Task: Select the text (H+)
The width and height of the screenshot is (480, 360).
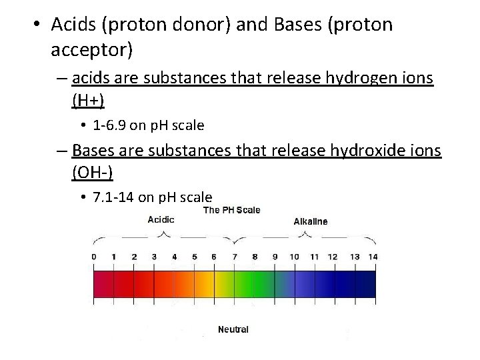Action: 88,101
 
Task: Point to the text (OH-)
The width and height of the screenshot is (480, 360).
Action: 92,173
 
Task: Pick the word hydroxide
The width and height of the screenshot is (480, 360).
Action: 364,151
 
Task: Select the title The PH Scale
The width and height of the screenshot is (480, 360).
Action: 231,210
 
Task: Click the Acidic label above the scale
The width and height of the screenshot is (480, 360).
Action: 161,219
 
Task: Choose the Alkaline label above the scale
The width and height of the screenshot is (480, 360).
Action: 311,221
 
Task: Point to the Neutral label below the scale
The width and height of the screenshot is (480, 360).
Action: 233,329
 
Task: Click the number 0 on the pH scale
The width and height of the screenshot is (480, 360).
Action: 93,257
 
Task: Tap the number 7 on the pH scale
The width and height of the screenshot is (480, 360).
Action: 235,257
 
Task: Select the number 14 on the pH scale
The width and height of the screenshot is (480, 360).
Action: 372,257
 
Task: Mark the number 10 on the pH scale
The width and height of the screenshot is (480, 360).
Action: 293,257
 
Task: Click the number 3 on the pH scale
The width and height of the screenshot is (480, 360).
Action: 154,257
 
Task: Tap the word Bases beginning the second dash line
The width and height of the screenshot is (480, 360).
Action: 93,151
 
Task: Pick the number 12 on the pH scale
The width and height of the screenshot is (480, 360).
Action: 333,257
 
